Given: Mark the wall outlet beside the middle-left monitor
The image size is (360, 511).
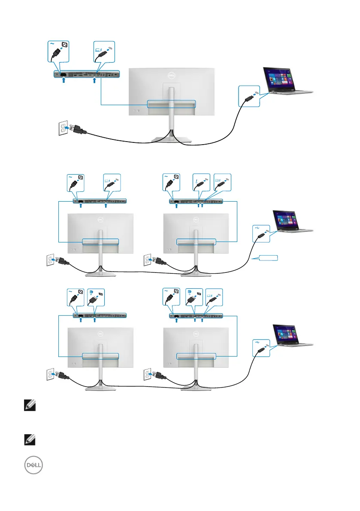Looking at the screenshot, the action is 52,260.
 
